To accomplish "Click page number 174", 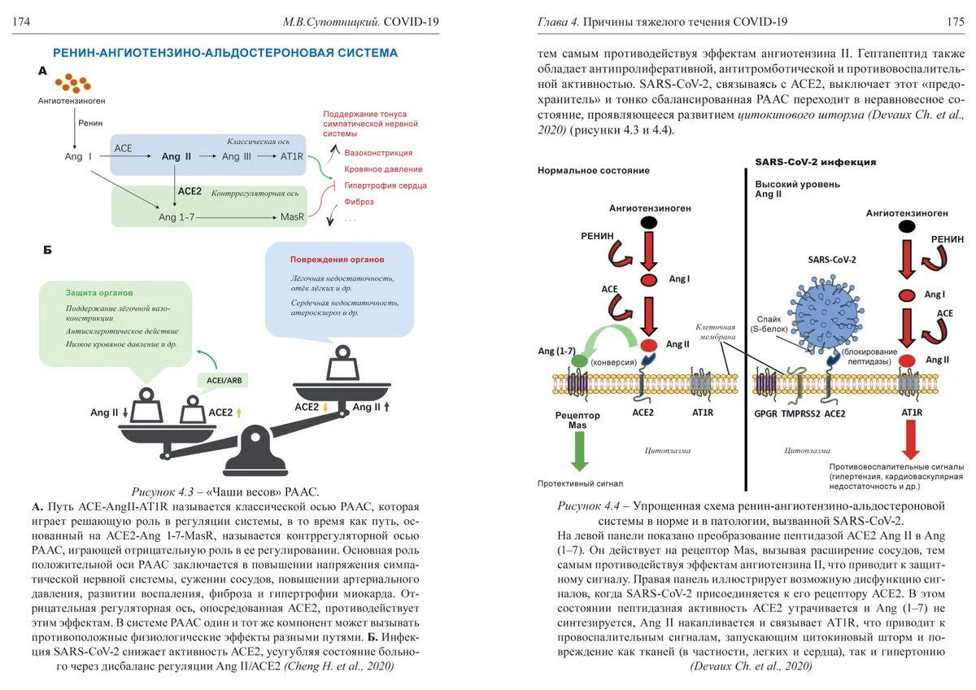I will (21, 22).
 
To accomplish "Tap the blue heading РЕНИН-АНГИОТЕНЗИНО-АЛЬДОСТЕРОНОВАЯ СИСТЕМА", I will (225, 54).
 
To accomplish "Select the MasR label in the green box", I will (292, 217).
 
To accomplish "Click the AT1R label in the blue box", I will (292, 156).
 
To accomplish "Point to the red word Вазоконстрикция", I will (378, 153).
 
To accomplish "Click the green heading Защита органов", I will (100, 292).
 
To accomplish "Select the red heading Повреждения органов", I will (338, 260).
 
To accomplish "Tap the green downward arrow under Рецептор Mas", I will (579, 449).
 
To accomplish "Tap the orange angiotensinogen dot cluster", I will (73, 83).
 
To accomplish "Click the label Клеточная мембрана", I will (716, 331).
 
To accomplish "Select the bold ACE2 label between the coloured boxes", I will (190, 190).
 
